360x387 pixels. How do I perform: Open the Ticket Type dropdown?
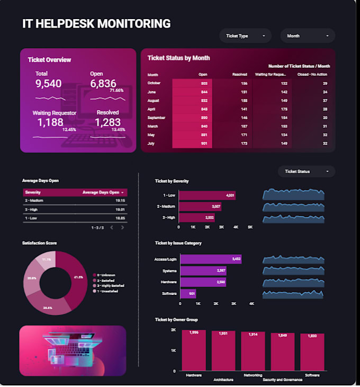tap(245, 36)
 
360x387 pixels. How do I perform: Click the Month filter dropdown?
tap(308, 36)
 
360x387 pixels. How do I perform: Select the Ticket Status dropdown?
tap(306, 172)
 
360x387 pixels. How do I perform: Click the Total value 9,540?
tap(49, 84)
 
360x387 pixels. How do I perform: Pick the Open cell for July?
tap(192, 143)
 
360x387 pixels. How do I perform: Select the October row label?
tap(154, 83)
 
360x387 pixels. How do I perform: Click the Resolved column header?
tap(240, 75)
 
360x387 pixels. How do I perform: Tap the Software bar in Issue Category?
tap(188, 294)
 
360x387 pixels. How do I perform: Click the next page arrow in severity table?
tap(122, 227)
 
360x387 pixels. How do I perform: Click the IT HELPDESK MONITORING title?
tap(96, 24)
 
